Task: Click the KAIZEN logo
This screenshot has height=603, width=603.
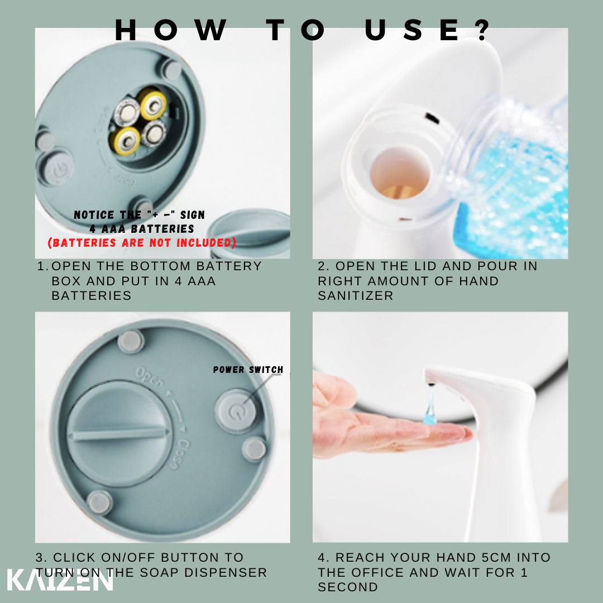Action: (60, 579)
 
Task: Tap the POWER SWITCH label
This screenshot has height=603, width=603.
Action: (248, 370)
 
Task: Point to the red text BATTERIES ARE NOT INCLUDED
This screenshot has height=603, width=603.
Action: (141, 243)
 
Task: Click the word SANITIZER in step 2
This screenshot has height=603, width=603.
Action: (355, 295)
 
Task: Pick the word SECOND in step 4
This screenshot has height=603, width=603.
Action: (348, 587)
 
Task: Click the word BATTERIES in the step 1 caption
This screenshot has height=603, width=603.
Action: (92, 295)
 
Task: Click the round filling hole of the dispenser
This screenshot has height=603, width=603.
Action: (400, 173)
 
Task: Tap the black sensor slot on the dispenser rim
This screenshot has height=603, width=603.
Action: (432, 118)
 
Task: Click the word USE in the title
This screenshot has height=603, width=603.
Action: (412, 30)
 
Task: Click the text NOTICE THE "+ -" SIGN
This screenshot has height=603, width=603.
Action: (139, 214)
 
